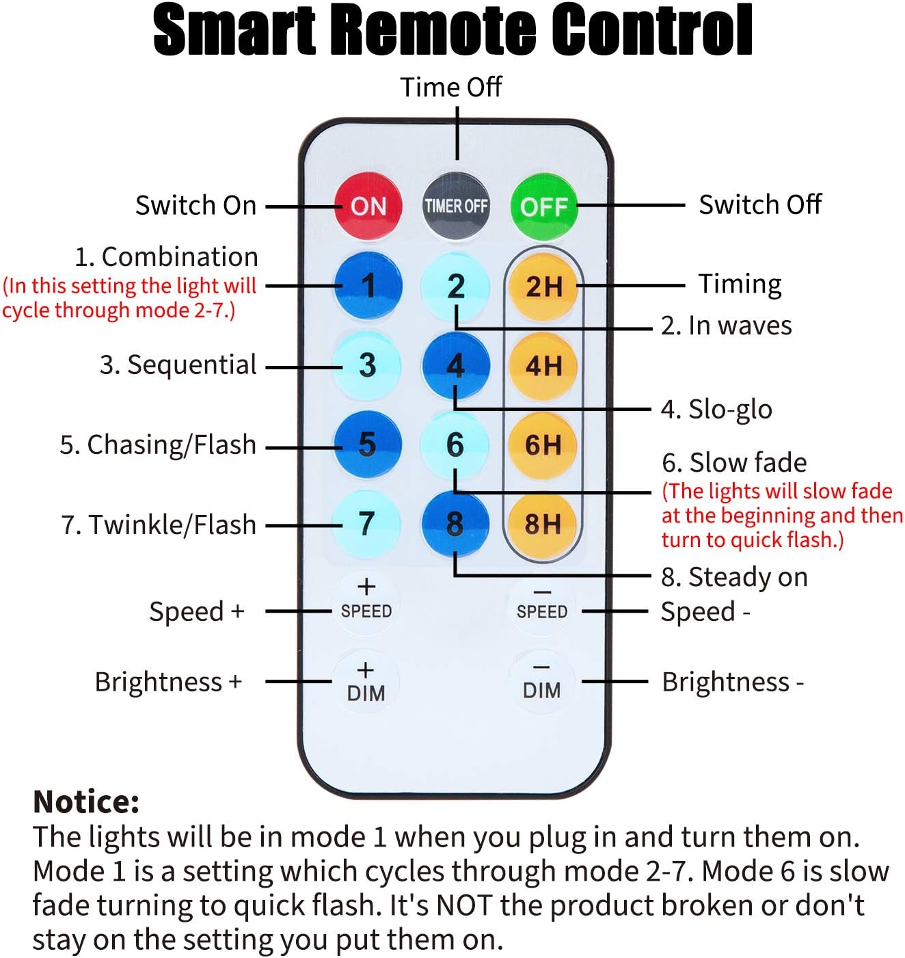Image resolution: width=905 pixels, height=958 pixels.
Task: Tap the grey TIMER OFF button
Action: click(456, 207)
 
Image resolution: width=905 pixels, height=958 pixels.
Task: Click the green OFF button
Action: click(544, 207)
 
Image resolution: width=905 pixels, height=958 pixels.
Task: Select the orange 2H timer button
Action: click(543, 287)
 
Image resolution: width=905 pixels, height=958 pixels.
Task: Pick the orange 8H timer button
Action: click(543, 524)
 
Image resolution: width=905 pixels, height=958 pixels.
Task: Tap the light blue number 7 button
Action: click(366, 524)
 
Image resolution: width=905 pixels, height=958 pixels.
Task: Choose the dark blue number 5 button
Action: click(367, 444)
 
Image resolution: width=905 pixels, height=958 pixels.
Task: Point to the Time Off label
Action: click(451, 88)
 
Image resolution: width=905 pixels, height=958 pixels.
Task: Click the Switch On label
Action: click(196, 205)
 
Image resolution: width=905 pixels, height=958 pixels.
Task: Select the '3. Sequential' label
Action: click(178, 365)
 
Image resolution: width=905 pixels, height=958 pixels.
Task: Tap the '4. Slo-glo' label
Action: click(716, 410)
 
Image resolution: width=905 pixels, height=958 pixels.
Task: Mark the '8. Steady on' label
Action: click(734, 577)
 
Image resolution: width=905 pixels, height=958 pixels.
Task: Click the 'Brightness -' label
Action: click(733, 682)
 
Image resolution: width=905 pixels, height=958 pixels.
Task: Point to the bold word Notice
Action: click(86, 802)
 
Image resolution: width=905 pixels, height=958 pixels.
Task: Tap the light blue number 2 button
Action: click(455, 287)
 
